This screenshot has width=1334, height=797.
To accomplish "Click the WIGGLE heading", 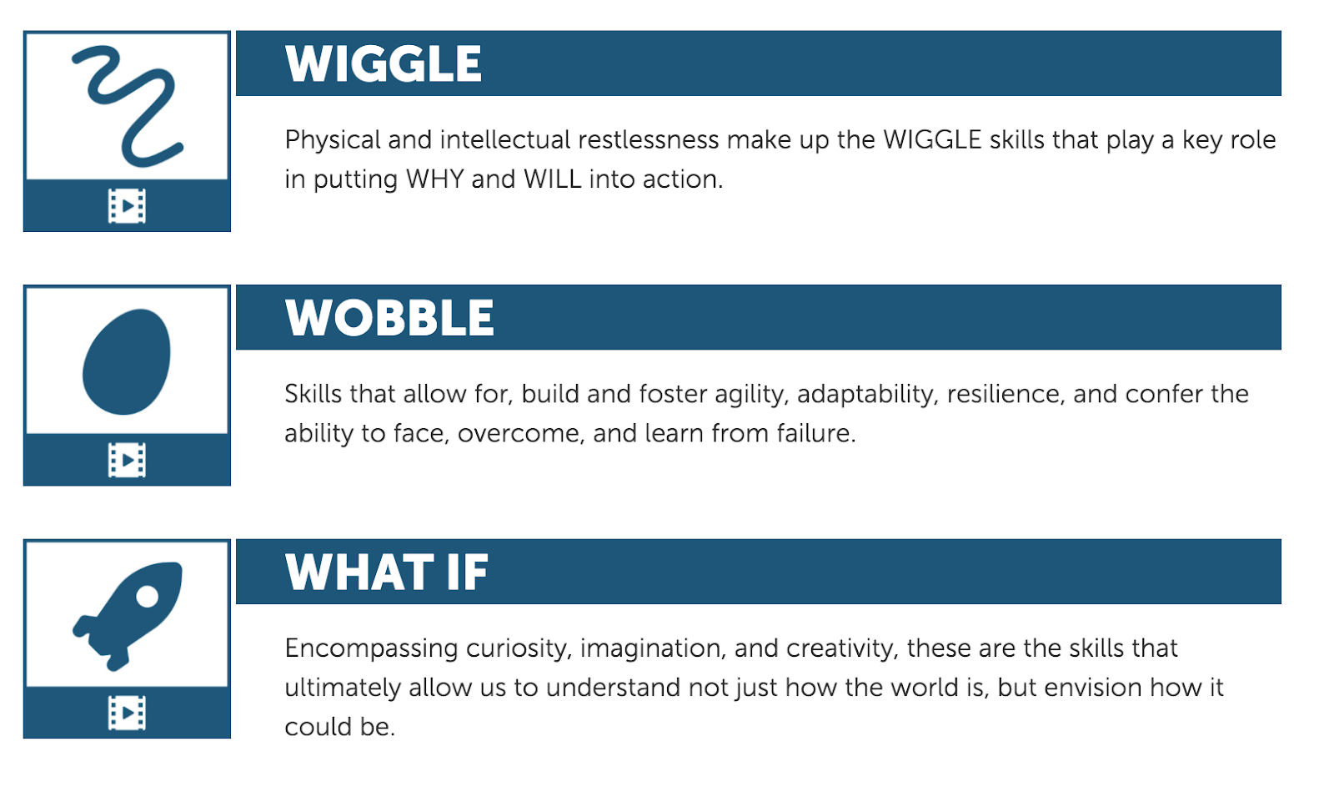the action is click(383, 63).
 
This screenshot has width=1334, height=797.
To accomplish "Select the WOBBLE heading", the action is click(389, 317).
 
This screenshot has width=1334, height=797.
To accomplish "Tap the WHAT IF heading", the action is click(387, 572).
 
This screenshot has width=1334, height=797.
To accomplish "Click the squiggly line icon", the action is click(128, 106).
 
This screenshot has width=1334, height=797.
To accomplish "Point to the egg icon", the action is click(126, 361).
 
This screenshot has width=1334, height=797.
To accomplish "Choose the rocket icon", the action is click(128, 616).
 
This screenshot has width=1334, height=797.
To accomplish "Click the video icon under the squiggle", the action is click(127, 206).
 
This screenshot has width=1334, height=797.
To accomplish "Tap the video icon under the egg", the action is click(127, 460).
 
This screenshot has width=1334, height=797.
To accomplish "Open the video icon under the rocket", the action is click(127, 713).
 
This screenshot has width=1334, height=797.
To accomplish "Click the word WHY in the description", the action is click(434, 179).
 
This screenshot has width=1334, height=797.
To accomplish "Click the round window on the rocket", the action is click(147, 596).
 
